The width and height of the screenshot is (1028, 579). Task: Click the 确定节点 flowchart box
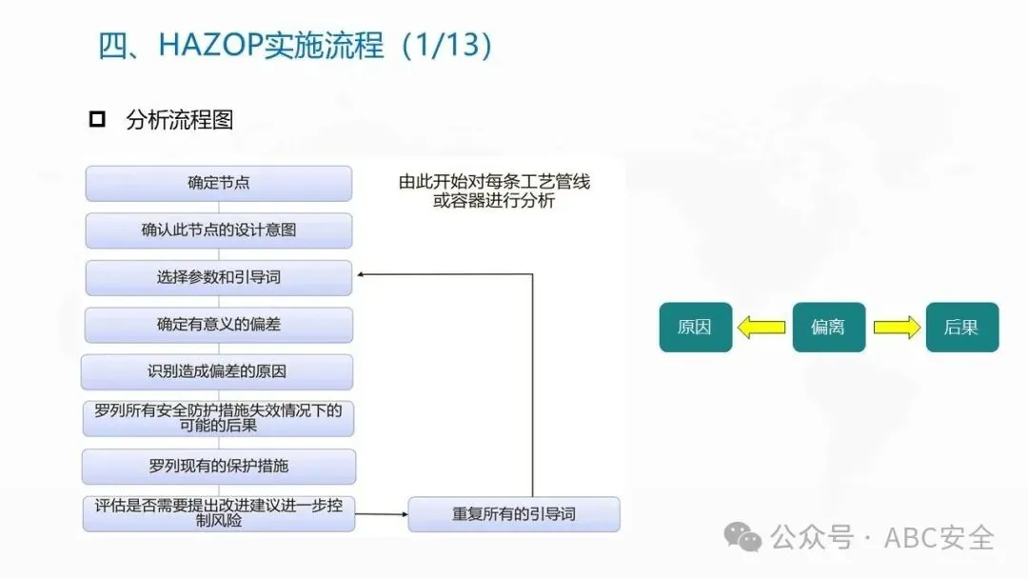(x=219, y=183)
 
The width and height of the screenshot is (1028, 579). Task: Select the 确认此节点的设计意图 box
(x=219, y=230)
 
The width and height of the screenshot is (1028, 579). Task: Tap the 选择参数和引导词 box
(x=219, y=278)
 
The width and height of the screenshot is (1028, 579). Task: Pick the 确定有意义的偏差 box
(x=219, y=325)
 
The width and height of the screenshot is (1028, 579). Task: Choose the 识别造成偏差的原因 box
(x=218, y=371)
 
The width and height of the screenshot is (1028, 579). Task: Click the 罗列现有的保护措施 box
(x=219, y=467)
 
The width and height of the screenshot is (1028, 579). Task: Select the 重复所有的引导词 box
(x=514, y=514)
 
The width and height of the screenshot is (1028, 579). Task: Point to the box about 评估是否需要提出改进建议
(x=219, y=513)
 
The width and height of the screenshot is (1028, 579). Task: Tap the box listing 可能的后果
(x=219, y=419)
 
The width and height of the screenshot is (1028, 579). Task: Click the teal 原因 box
(x=696, y=328)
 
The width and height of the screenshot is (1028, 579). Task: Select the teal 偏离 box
(x=829, y=328)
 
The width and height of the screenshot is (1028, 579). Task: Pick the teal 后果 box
(x=962, y=328)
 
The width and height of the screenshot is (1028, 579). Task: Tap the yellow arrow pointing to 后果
(x=897, y=328)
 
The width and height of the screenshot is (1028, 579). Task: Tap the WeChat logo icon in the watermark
(x=742, y=537)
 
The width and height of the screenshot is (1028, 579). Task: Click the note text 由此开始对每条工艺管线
(x=494, y=182)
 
